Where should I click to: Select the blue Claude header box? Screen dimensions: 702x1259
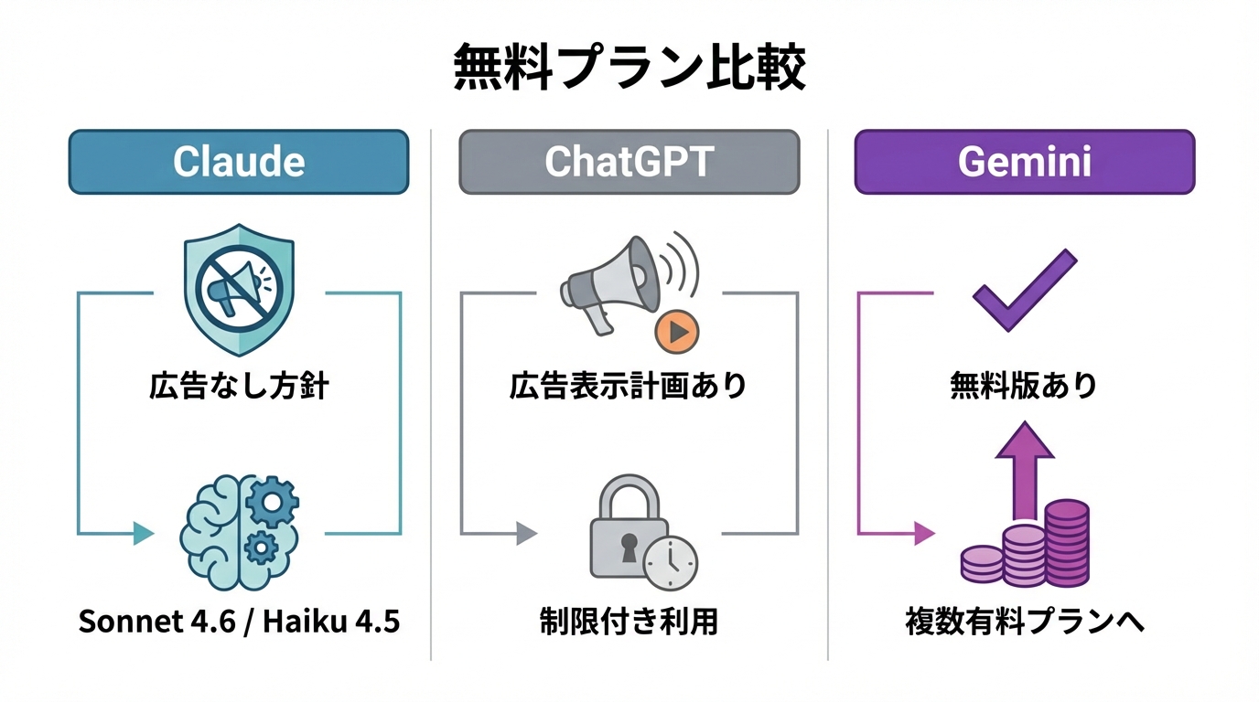239,162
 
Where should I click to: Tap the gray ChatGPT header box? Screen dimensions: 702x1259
629,162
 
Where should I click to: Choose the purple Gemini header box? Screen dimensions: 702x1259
1024,162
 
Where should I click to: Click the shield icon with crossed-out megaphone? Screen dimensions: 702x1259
239,289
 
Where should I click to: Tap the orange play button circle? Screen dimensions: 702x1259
677,333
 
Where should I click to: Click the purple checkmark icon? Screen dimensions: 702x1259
1024,290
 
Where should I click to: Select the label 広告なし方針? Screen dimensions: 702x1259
239,386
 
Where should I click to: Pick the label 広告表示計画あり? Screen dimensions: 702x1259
629,386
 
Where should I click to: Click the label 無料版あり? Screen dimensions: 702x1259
1024,386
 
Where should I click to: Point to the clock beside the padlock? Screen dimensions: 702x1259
670,562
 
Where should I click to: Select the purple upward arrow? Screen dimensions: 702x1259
1024,466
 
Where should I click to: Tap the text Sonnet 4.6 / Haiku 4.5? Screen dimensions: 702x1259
239,622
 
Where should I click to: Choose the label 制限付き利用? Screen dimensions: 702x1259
629,622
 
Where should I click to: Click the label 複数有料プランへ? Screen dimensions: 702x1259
1024,622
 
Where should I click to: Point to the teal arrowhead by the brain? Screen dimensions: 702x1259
143,533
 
